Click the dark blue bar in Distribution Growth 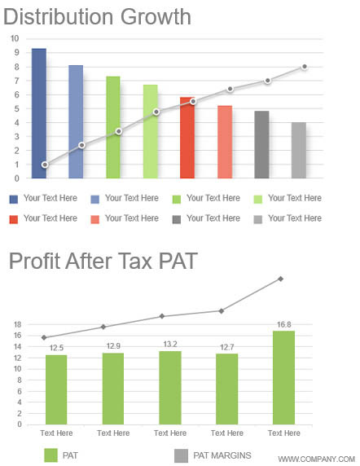tap(39, 113)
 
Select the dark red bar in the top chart tap(187, 138)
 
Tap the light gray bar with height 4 tap(299, 151)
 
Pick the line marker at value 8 tap(304, 67)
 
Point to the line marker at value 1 tap(45, 165)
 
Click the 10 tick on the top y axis tap(15, 38)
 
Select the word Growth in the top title tap(156, 17)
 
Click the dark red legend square tap(14, 219)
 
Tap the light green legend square tap(258, 199)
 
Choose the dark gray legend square tap(177, 219)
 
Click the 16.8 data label tap(284, 324)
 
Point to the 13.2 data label tap(170, 344)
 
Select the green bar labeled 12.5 tap(56, 389)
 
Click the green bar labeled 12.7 tap(227, 389)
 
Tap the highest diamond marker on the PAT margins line tap(280, 279)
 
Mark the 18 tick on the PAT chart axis tap(18, 324)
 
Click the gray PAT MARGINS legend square tap(181, 455)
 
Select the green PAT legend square tap(50, 455)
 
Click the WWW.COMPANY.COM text tap(317, 459)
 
